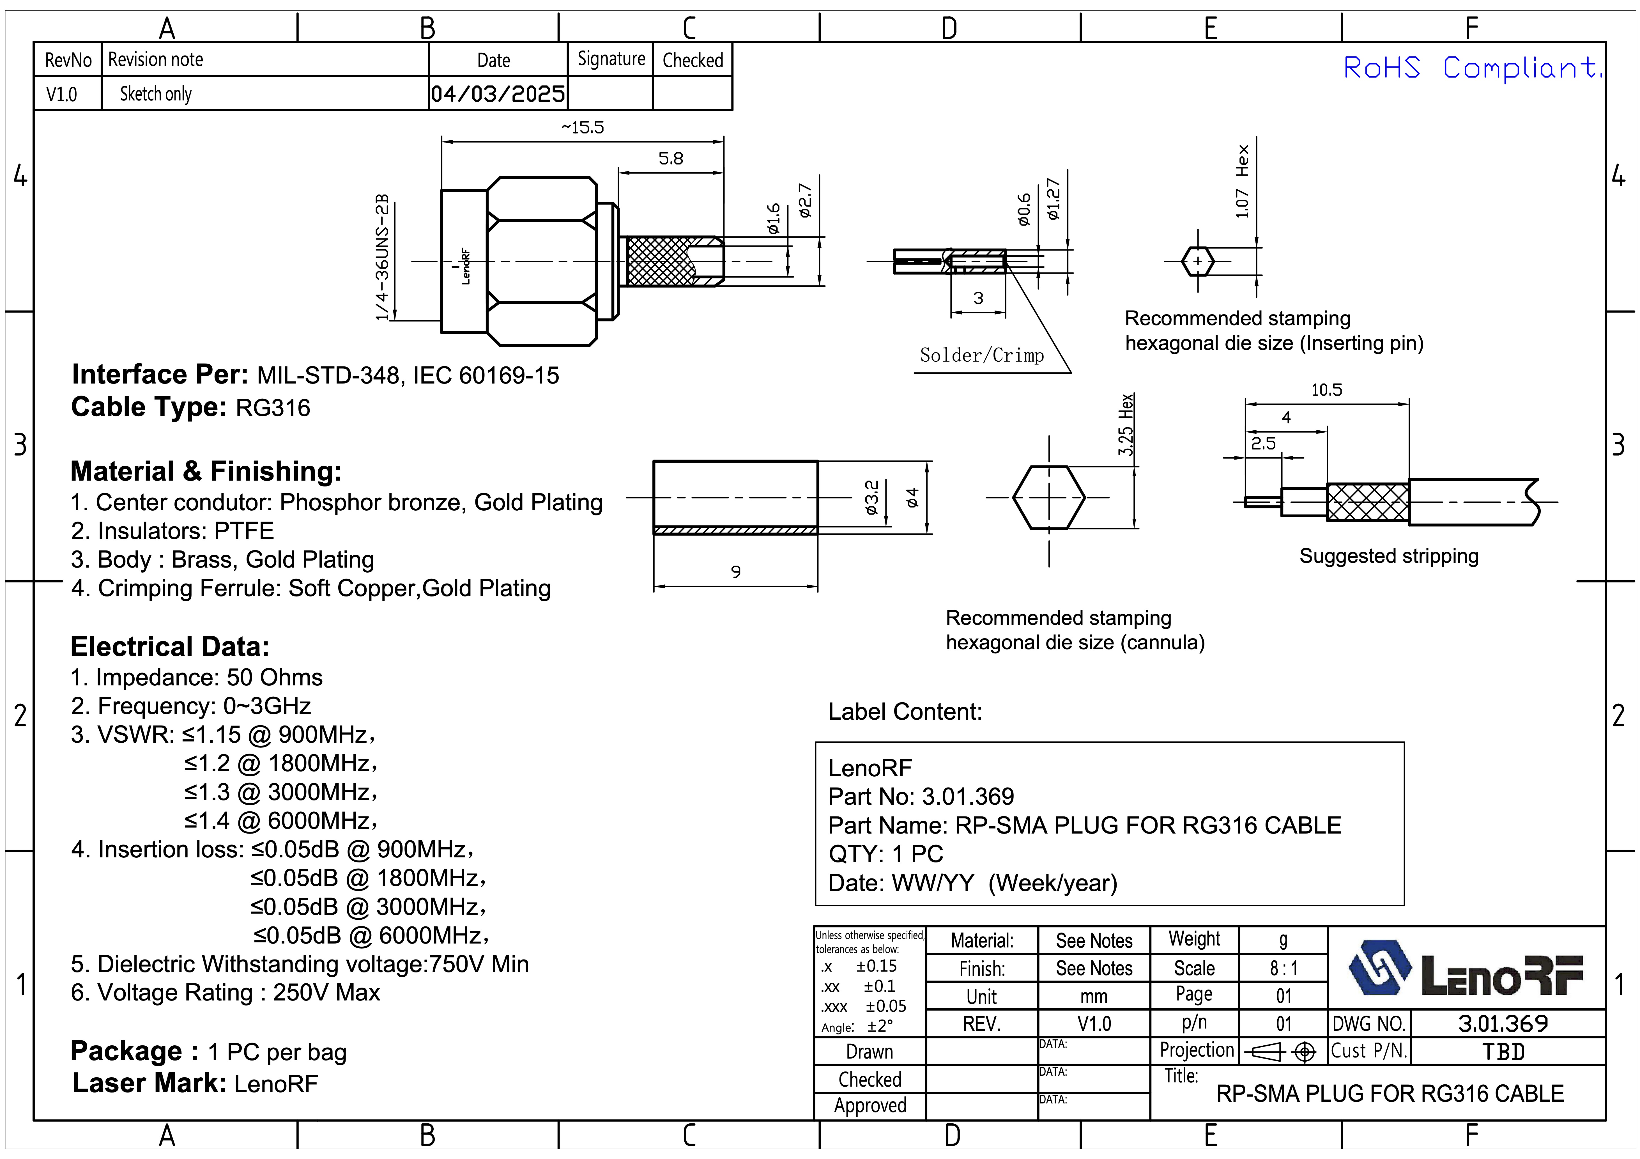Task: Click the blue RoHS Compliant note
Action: click(x=1471, y=68)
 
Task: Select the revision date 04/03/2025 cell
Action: click(x=498, y=94)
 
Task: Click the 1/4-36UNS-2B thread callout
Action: click(x=383, y=257)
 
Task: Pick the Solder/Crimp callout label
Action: click(x=981, y=355)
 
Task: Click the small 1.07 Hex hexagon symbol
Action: click(x=1198, y=261)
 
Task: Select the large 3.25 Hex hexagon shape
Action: click(x=1048, y=497)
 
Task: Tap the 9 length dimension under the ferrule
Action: click(x=736, y=572)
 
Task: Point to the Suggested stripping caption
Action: click(x=1389, y=556)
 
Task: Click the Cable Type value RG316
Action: click(x=273, y=408)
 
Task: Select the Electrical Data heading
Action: click(x=170, y=647)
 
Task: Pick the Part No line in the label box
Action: click(x=921, y=797)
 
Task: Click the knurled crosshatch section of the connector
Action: click(x=659, y=261)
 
